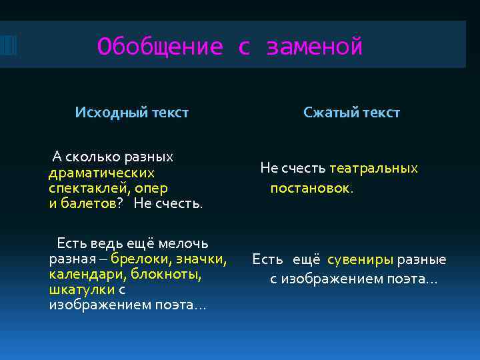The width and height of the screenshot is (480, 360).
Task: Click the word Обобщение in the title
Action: pyautogui.click(x=159, y=47)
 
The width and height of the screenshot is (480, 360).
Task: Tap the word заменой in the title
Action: pyautogui.click(x=314, y=47)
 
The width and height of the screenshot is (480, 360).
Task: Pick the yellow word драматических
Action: pyautogui.click(x=101, y=173)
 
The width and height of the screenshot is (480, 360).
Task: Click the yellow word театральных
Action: pyautogui.click(x=373, y=168)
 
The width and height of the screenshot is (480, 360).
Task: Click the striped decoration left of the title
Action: pyautogui.click(x=7, y=45)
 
